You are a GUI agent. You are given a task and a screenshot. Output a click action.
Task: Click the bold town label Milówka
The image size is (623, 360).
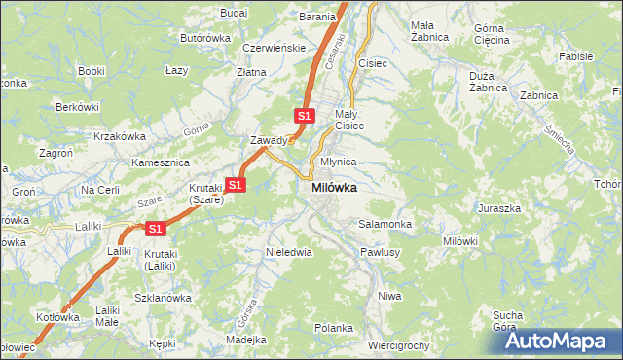click(x=333, y=188)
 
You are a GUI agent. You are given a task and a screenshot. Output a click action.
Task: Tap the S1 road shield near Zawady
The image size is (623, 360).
click(x=304, y=116)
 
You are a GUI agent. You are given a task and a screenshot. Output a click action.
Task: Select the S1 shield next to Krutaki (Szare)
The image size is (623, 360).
click(x=235, y=184)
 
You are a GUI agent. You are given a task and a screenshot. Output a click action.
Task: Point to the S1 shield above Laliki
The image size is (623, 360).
click(x=155, y=229)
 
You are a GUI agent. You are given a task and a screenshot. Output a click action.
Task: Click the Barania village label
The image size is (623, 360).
click(x=317, y=17)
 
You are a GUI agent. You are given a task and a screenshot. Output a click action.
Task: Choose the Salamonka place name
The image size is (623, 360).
click(x=385, y=224)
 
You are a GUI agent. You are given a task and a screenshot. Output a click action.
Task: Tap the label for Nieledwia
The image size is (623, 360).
click(x=289, y=252)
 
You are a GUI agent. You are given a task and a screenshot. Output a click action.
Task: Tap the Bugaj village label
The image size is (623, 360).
click(x=235, y=13)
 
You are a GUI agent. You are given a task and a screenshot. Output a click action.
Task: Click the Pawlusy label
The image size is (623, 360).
click(x=381, y=252)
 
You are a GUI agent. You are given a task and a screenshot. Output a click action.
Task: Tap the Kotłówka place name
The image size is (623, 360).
click(x=56, y=317)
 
